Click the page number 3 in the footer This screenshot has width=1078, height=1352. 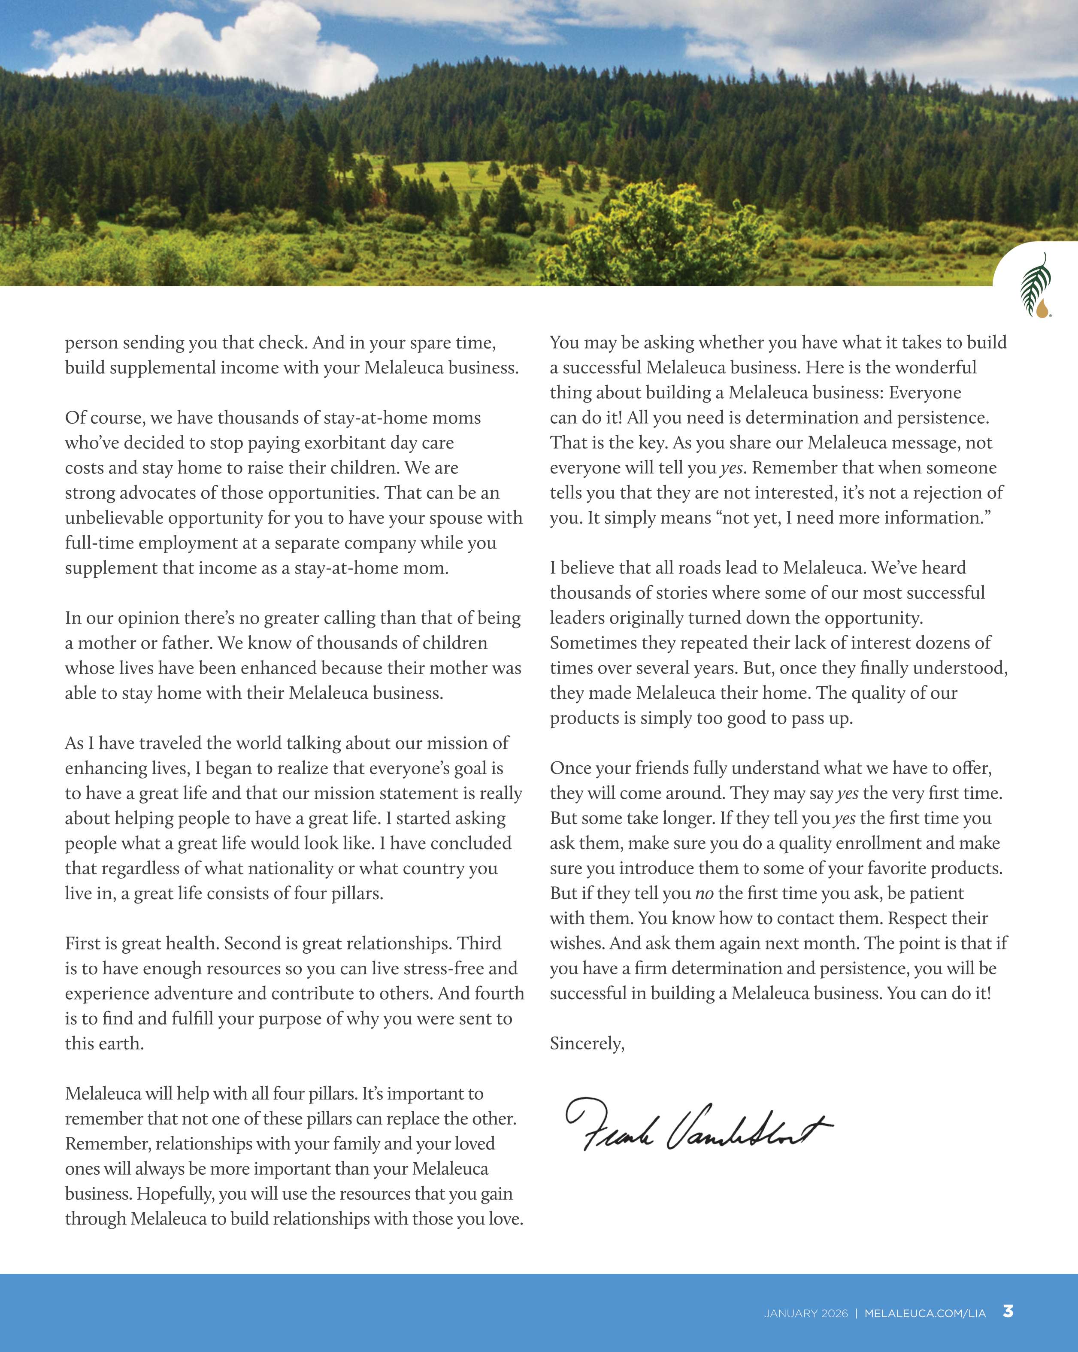(1008, 1311)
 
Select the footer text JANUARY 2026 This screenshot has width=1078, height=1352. (805, 1313)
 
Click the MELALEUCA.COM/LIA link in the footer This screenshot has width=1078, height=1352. (924, 1313)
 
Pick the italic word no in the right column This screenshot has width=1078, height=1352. (704, 894)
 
